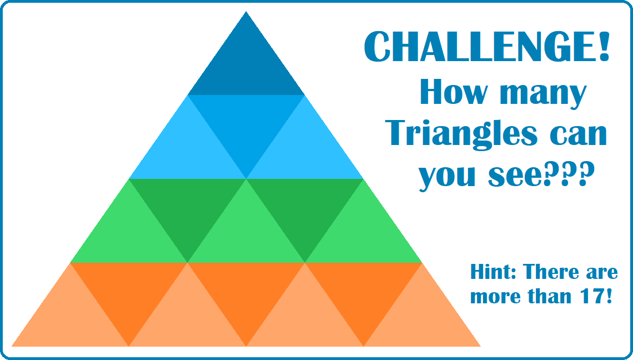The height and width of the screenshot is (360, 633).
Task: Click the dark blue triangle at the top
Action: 246,67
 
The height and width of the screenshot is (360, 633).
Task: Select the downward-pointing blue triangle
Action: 246,123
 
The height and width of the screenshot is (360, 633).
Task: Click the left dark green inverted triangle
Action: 187,207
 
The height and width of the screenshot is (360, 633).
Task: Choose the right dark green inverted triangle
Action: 305,207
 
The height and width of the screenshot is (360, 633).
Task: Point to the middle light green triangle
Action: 246,235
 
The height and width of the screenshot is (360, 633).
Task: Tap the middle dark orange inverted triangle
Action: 246,291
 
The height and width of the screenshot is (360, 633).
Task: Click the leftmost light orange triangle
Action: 71,319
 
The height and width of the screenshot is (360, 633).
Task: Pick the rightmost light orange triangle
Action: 422,319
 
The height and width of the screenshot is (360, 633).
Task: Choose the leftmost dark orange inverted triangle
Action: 129,291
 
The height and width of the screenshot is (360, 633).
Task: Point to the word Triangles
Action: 464,133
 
